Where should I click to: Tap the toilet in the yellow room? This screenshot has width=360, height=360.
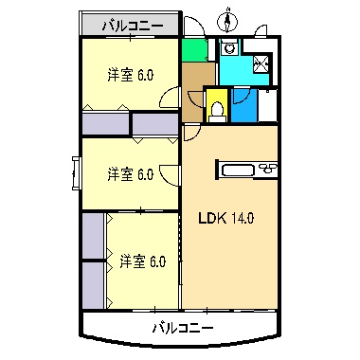[216, 109]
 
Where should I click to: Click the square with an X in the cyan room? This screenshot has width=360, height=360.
[262, 64]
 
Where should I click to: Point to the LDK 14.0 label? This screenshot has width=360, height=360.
[225, 218]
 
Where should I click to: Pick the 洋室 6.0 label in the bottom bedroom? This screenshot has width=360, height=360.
[142, 260]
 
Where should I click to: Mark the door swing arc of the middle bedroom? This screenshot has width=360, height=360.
[170, 174]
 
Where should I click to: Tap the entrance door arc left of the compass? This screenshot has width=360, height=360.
[192, 27]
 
